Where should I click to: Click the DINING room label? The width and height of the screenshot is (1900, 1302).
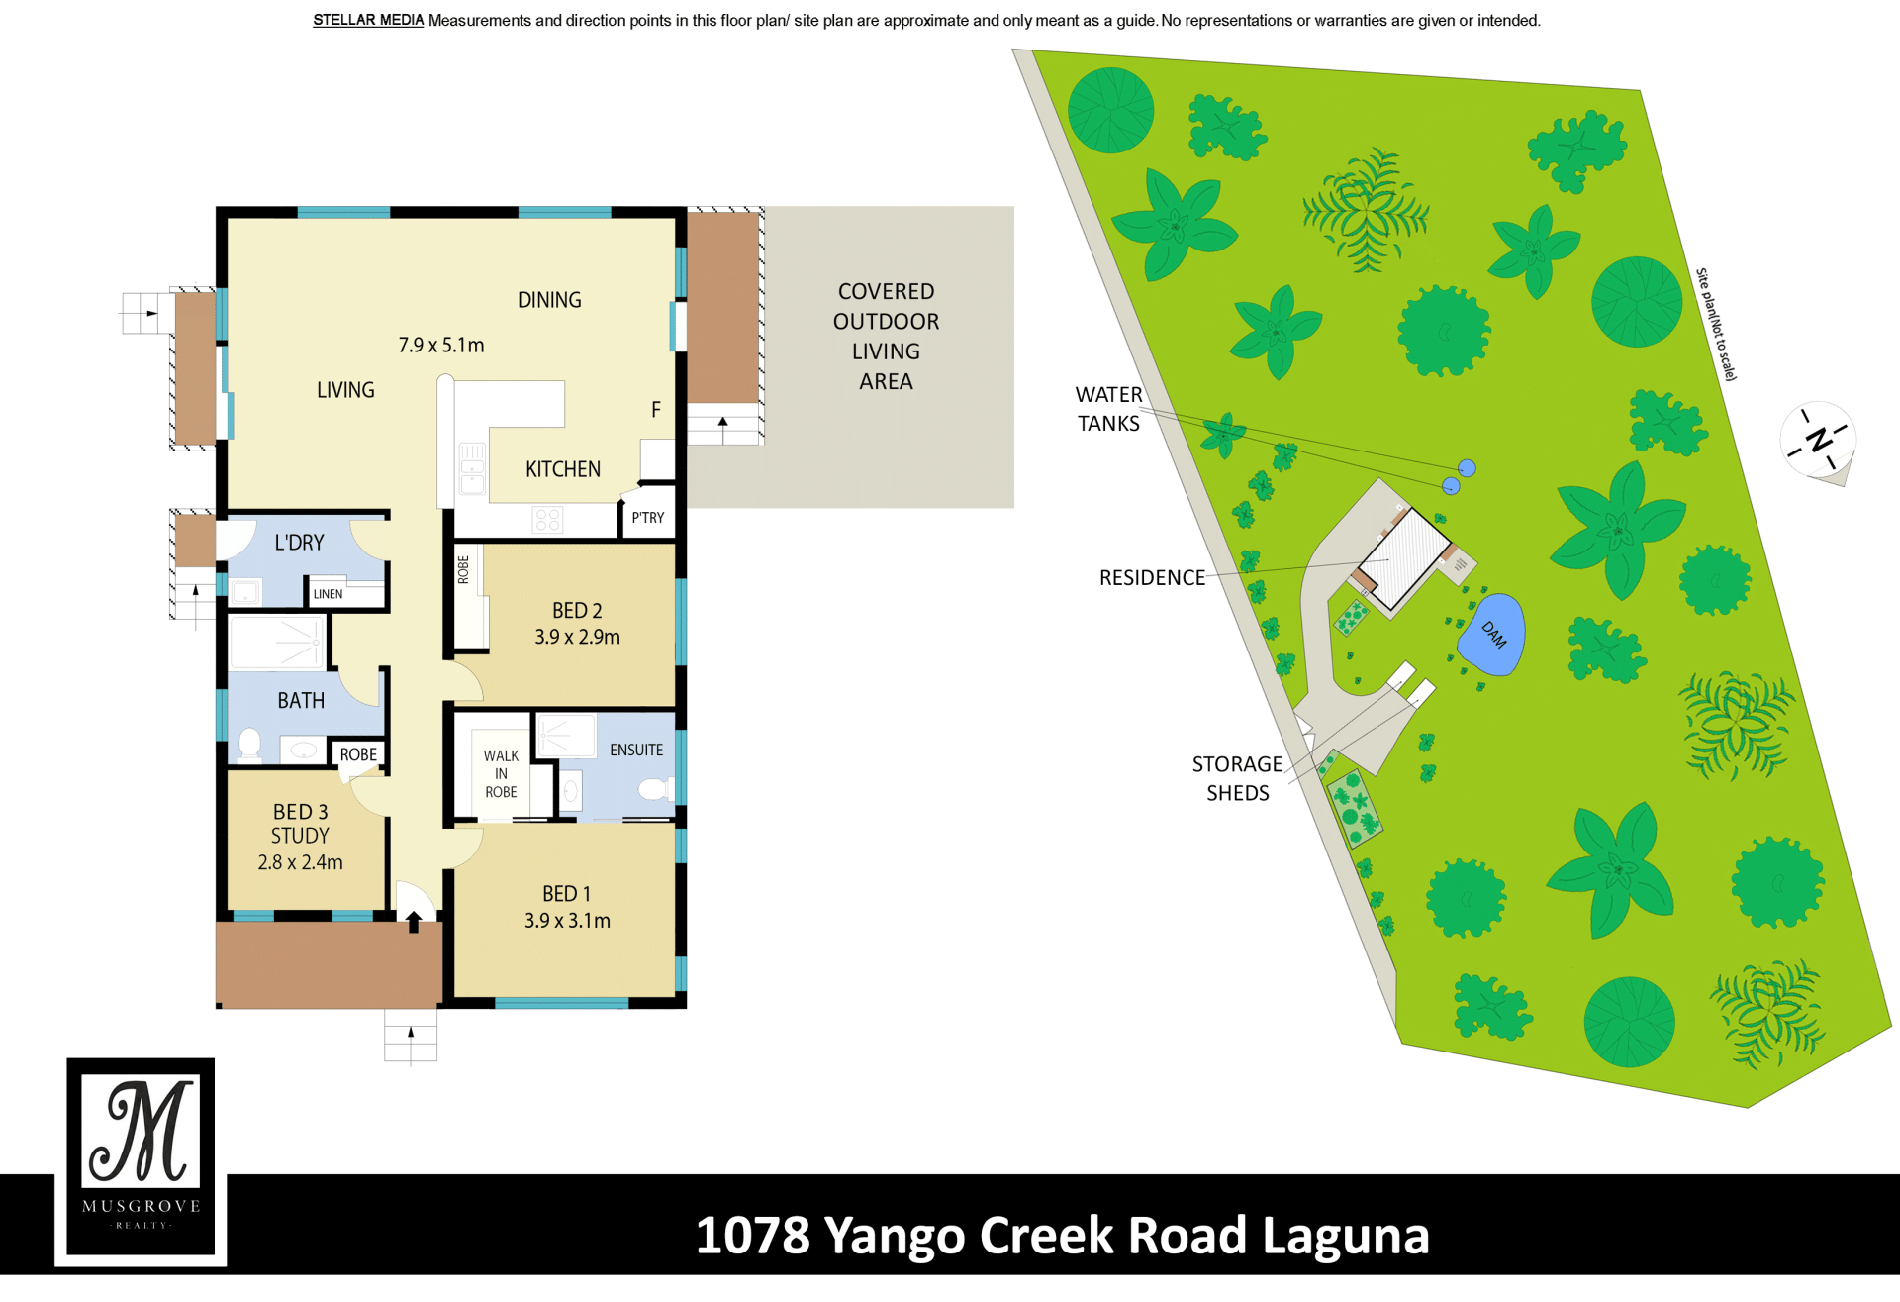(549, 300)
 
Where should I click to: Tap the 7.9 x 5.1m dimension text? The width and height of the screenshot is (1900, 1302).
(441, 345)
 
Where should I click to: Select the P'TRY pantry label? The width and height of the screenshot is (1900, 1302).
(648, 518)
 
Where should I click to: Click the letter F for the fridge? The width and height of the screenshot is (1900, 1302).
(655, 409)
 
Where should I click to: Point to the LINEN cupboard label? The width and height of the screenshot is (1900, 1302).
(328, 594)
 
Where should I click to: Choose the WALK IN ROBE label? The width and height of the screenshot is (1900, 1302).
(501, 774)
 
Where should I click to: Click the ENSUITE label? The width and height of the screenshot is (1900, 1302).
(636, 751)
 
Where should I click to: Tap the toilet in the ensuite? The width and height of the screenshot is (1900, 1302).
(656, 789)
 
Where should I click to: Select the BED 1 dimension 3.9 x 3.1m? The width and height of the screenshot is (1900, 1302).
(567, 921)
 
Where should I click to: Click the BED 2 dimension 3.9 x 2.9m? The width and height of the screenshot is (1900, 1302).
(577, 637)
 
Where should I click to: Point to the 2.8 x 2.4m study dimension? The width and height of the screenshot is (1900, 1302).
(300, 862)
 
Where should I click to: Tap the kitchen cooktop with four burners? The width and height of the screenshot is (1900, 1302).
(547, 519)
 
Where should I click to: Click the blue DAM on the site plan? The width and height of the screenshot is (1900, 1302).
(1491, 635)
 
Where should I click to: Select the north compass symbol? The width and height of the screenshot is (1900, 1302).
(1819, 442)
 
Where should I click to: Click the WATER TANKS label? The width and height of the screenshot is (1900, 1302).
(1108, 409)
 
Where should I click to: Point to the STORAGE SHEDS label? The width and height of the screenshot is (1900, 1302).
(1237, 778)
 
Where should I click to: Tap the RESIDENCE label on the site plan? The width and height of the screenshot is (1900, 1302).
(1152, 577)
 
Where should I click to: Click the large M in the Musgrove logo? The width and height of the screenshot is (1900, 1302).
(142, 1131)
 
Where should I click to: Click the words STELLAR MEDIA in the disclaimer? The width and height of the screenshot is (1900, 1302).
(368, 20)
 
